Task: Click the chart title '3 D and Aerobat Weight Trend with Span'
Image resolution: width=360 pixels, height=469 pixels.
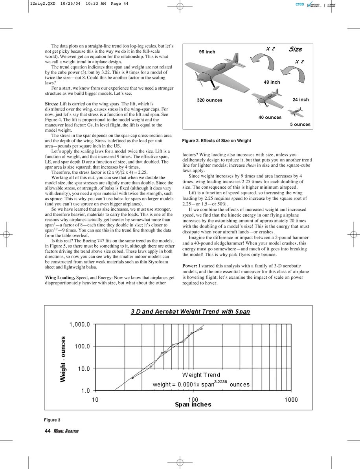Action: click(190, 312)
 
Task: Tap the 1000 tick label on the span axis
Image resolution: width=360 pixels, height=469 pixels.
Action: click(291, 399)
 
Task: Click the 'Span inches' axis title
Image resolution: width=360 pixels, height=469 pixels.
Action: click(193, 405)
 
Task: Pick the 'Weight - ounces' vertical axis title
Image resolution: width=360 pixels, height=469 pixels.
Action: click(63, 358)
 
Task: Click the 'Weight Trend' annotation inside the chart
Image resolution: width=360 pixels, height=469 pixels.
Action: click(201, 375)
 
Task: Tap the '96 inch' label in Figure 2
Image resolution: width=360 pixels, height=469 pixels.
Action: click(207, 52)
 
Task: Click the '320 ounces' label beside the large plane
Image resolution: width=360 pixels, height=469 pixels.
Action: click(209, 100)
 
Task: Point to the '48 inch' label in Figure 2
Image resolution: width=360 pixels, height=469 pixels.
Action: click(272, 82)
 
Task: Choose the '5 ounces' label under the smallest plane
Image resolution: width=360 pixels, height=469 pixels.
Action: click(300, 125)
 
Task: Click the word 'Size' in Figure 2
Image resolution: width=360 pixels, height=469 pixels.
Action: click(296, 49)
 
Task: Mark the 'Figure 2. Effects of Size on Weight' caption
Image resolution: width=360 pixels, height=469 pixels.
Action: click(217, 140)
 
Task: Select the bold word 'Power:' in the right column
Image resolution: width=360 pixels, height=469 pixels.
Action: click(190, 266)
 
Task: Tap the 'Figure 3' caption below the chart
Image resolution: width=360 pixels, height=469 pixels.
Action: click(53, 420)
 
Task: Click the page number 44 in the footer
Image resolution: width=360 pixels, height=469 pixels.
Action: click(48, 431)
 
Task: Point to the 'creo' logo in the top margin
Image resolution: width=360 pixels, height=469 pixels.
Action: click(300, 4)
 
